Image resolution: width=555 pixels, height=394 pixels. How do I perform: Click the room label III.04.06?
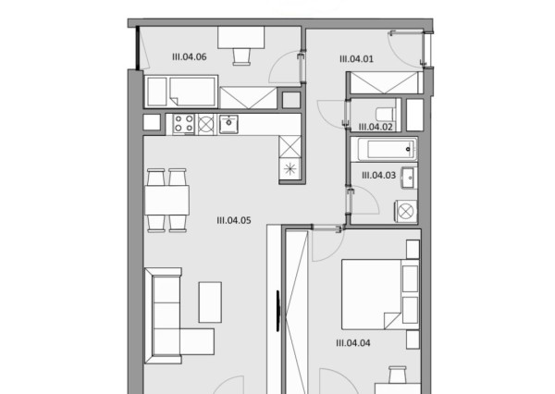tap(189, 57)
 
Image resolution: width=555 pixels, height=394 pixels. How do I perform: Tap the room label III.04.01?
tap(356, 59)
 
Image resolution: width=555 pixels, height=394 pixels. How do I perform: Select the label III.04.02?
tap(376, 127)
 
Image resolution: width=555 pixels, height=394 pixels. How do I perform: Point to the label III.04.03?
tap(378, 175)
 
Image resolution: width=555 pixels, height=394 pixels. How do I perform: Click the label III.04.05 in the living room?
tap(234, 220)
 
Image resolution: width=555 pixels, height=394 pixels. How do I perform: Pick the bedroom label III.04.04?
tap(353, 343)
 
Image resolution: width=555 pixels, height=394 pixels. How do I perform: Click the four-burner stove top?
tap(184, 124)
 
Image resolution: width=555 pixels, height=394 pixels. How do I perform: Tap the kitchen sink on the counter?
tap(228, 124)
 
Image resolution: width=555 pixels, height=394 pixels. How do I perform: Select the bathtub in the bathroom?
tap(388, 150)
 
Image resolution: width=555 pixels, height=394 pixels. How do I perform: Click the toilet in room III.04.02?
tap(386, 114)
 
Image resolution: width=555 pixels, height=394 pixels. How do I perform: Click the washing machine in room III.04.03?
tap(406, 212)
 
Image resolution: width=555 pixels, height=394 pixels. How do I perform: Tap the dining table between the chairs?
tap(166, 201)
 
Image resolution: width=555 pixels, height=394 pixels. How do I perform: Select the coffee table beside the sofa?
tap(210, 302)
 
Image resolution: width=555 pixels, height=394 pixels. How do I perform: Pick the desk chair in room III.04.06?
tap(241, 56)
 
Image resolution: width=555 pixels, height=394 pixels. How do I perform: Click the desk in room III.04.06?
tap(241, 37)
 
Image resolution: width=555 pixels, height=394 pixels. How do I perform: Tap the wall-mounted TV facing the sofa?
tap(278, 311)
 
